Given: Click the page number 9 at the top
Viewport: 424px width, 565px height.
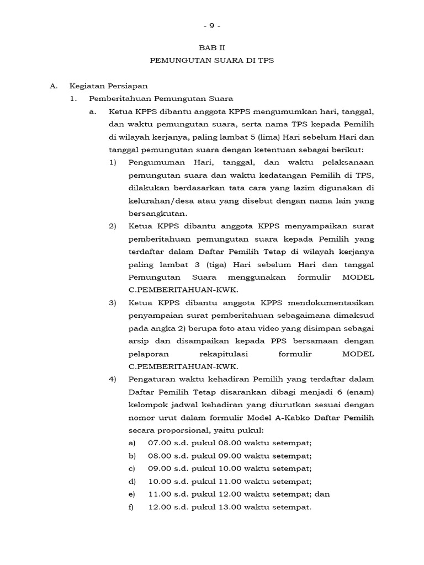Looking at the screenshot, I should pyautogui.click(x=212, y=26).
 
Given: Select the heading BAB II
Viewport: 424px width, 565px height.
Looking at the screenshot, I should pyautogui.click(x=212, y=48).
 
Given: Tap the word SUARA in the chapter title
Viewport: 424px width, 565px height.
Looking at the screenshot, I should pyautogui.click(x=234, y=61).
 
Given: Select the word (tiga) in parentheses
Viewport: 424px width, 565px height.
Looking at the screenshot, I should pyautogui.click(x=221, y=264).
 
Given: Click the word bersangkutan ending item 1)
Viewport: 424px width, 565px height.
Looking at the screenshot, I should pyautogui.click(x=158, y=213).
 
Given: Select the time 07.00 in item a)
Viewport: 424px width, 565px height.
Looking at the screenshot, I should pyautogui.click(x=158, y=443).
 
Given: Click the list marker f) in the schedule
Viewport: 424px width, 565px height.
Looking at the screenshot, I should pyautogui.click(x=131, y=507).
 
